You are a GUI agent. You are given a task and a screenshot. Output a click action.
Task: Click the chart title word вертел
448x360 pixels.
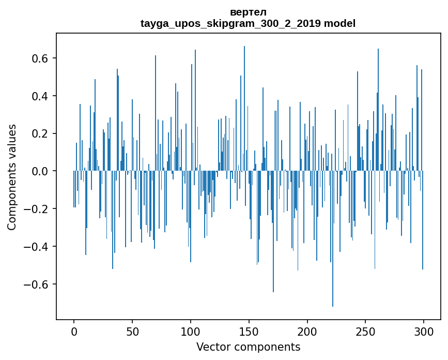[x=248, y=12]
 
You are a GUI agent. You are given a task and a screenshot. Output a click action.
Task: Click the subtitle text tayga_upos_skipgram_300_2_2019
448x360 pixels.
[x=230, y=23]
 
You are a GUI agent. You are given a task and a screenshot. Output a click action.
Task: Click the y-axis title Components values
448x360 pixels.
[x=12, y=177]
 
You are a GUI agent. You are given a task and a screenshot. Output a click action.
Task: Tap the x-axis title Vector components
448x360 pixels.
[x=248, y=347]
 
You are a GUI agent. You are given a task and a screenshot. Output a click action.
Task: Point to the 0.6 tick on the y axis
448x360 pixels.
[x=40, y=58]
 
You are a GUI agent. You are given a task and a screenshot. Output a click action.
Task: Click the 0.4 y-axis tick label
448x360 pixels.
[x=40, y=96]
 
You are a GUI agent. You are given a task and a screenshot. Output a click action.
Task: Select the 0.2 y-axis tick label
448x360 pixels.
[x=40, y=133]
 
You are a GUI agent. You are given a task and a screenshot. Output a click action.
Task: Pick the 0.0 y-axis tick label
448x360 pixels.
[x=40, y=171]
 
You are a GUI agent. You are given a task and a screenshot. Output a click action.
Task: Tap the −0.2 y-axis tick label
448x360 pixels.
[x=36, y=209]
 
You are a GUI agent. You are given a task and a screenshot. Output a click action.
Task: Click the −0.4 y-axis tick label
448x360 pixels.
[x=36, y=246]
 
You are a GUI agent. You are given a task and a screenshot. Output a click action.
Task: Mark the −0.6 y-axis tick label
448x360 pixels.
[x=36, y=284]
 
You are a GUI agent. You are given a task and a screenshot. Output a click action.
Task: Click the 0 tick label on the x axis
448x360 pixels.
[x=74, y=331]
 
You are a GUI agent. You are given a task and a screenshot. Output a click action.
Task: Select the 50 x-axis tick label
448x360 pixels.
[x=132, y=331]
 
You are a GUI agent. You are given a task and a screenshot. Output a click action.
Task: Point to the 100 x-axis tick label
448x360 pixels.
[x=191, y=331]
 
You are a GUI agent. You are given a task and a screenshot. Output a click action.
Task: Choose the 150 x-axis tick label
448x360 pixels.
[x=249, y=331]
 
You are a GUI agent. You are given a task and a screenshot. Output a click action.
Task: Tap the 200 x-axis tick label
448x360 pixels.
[x=307, y=331]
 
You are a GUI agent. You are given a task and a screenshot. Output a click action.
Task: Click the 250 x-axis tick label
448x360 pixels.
[x=365, y=331]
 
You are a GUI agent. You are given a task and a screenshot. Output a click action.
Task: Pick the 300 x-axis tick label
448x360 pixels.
[x=424, y=331]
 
